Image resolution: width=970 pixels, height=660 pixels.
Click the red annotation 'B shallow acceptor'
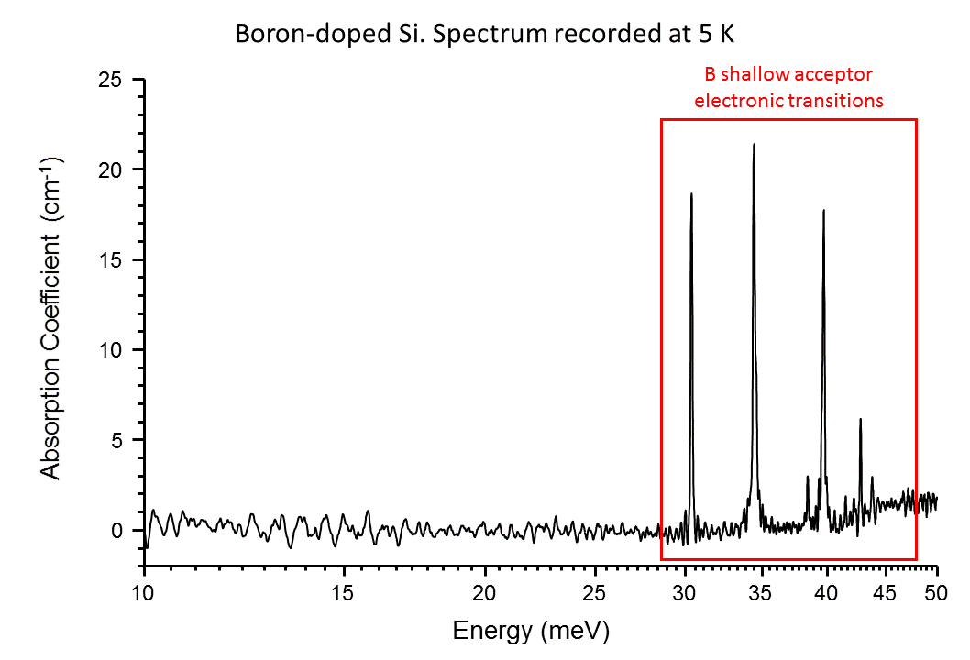point(788,74)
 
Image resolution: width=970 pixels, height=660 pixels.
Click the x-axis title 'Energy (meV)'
point(530,631)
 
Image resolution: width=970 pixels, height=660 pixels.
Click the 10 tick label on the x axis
point(144,592)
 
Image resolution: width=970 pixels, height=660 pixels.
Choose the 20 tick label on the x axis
point(486,592)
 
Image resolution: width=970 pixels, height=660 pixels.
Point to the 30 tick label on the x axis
point(685,592)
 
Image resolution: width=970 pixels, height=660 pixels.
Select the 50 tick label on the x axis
point(937,592)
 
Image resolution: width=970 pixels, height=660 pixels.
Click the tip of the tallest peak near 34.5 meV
point(754,144)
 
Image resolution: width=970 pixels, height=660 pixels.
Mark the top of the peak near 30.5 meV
point(691,193)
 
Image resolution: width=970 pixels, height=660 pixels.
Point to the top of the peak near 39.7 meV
point(823,210)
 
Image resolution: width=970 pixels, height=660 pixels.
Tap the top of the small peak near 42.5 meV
point(860,419)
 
